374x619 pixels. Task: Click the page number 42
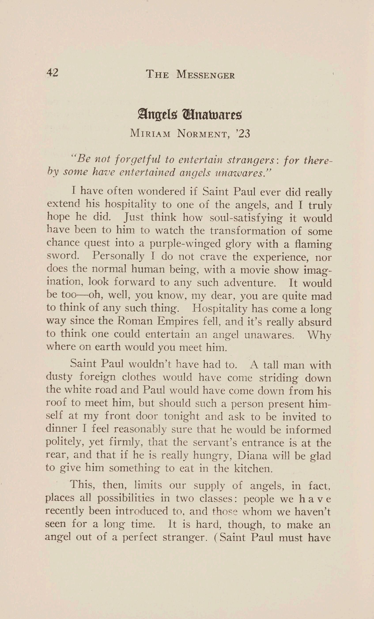(53, 73)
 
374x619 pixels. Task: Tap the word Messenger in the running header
(205, 75)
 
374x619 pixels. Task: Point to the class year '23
(243, 134)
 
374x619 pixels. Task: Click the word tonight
(181, 416)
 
